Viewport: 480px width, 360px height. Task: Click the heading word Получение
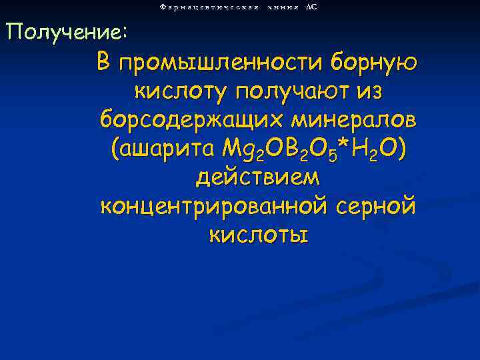(63, 31)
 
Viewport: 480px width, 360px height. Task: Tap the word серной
(374, 207)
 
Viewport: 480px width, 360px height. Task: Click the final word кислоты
(257, 235)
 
